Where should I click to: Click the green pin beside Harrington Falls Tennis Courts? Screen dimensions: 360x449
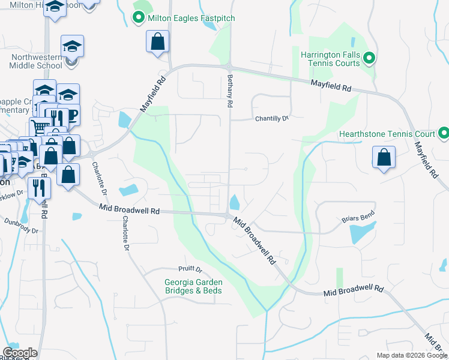point(370,58)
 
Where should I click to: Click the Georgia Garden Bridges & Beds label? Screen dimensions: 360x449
point(193,287)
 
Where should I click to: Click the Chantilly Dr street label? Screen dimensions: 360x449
point(272,118)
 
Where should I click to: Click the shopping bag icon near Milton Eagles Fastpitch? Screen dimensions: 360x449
point(157,42)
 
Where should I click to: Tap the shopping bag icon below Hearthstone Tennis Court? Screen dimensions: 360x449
point(384,158)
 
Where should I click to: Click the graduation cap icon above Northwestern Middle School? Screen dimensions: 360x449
point(72,46)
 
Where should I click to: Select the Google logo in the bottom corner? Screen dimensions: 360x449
point(19,353)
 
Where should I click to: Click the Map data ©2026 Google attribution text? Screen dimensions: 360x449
point(411,355)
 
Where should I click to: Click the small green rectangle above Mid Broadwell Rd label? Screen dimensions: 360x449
point(340,277)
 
